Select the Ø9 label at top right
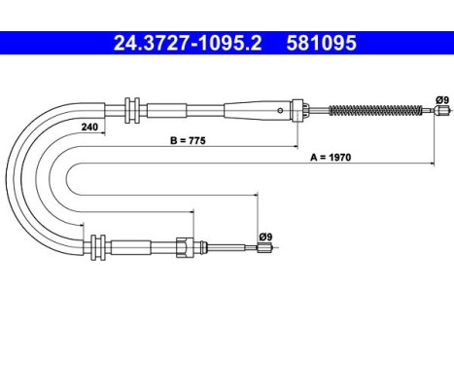[x=441, y=99]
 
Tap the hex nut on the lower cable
[x=182, y=249]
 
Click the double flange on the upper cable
[x=134, y=108]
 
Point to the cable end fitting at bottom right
[x=262, y=250]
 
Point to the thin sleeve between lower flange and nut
[x=141, y=248]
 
